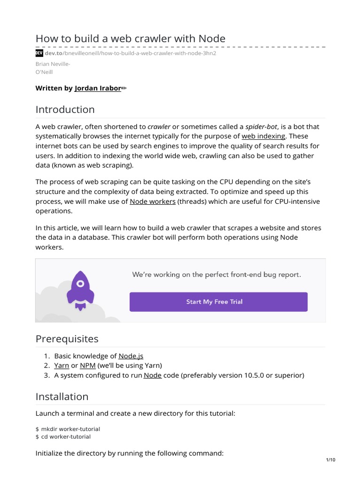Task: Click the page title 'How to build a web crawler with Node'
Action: pyautogui.click(x=131, y=38)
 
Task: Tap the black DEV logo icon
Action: pyautogui.click(x=39, y=53)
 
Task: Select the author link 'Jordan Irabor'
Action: pyautogui.click(x=98, y=88)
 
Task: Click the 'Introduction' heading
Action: pyautogui.click(x=65, y=110)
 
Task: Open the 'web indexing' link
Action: pyautogui.click(x=263, y=136)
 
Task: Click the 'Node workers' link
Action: pyautogui.click(x=153, y=201)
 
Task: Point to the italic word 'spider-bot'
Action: pyautogui.click(x=262, y=127)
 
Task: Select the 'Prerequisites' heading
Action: pyautogui.click(x=67, y=339)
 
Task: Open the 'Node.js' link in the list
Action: pyautogui.click(x=131, y=356)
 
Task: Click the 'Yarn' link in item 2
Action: pyautogui.click(x=62, y=366)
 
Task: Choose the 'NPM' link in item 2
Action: pyautogui.click(x=87, y=366)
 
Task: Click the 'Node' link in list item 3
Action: pyautogui.click(x=152, y=375)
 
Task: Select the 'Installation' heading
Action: pyautogui.click(x=62, y=397)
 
